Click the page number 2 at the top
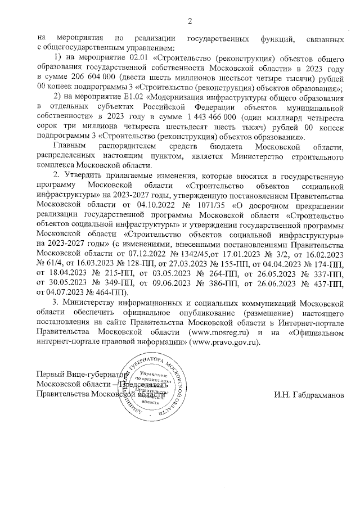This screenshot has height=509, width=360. [190, 21]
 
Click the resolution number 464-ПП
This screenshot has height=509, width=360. [109, 292]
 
